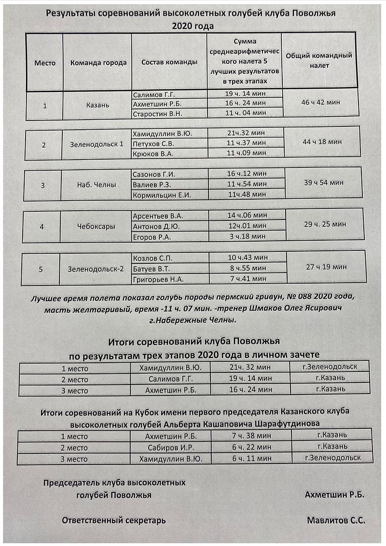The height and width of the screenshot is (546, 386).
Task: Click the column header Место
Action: pos(45,63)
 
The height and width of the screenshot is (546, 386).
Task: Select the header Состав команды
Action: pos(169,62)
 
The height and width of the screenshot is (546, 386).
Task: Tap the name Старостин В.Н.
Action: pos(153,113)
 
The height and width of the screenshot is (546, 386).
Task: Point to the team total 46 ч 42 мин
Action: pos(320,102)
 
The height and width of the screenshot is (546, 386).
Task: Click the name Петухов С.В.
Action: pos(153,143)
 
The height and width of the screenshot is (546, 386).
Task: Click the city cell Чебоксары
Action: pos(96,226)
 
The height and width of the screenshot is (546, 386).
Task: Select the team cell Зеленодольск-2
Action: pos(96,269)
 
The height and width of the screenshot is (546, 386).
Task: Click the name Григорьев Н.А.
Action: pos(158,279)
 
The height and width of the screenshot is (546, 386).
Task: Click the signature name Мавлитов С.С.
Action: pos(336,520)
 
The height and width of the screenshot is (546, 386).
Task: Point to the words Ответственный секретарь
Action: pos(114,520)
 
